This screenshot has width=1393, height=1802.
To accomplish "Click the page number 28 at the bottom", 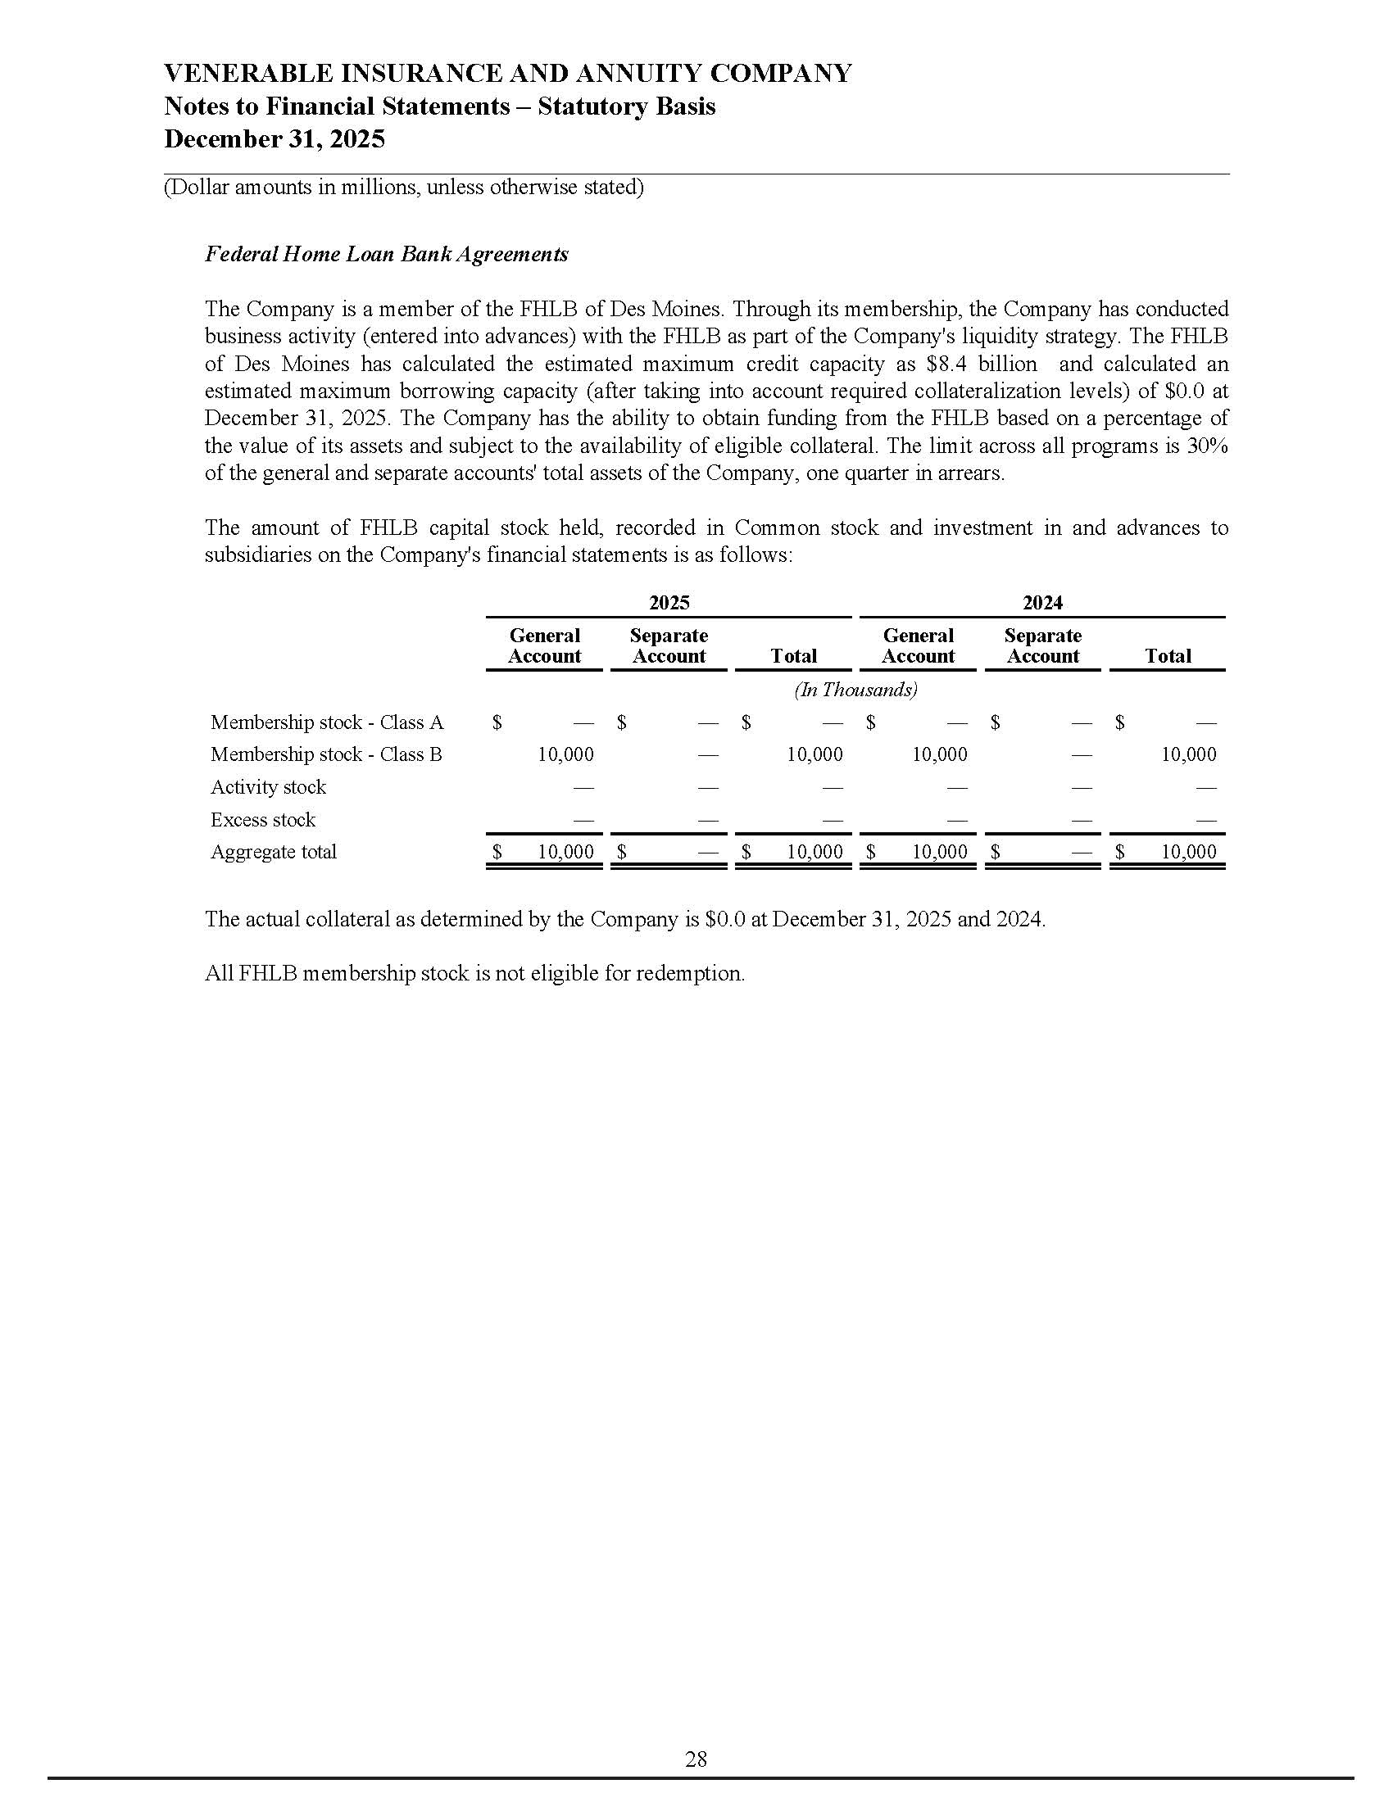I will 696,1759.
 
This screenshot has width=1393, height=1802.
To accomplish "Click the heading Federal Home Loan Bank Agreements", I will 386,254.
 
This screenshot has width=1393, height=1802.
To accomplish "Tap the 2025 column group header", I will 669,603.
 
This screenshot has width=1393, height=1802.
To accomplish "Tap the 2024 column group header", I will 1042,603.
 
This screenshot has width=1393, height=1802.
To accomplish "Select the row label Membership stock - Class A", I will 327,722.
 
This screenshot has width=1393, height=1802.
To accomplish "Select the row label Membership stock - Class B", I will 326,755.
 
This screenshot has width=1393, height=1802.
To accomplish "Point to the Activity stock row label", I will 268,787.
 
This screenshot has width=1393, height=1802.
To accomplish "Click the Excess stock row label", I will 262,820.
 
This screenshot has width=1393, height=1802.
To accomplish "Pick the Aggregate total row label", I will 273,853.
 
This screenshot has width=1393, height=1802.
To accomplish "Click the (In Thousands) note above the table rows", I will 855,690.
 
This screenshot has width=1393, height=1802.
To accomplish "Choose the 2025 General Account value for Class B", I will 565,755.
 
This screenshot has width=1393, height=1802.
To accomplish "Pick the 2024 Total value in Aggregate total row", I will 1188,853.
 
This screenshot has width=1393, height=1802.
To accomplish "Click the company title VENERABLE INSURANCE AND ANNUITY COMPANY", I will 507,74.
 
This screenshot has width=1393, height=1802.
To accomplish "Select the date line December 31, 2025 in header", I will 274,138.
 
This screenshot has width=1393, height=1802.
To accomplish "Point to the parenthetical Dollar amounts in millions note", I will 403,188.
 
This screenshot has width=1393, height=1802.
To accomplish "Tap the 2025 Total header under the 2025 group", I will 793,657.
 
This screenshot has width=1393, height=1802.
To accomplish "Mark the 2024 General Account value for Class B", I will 939,755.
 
